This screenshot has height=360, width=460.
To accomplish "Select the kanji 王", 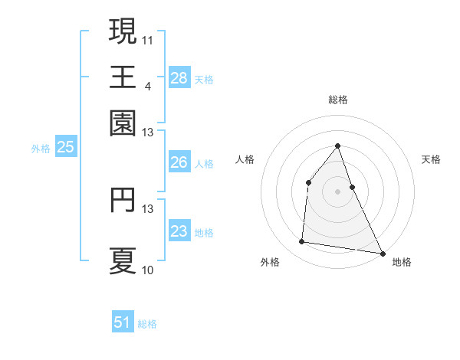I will pyautogui.click(x=123, y=77).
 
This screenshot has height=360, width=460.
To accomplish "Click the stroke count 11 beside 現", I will pyautogui.click(x=148, y=39).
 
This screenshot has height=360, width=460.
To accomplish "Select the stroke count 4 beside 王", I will pyautogui.click(x=147, y=86).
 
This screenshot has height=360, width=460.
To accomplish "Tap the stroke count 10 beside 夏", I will pyautogui.click(x=148, y=270).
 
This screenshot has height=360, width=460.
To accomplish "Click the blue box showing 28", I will pyautogui.click(x=179, y=78).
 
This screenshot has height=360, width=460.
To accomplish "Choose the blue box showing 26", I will pyautogui.click(x=179, y=162).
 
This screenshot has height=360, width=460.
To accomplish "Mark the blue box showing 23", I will pyautogui.click(x=179, y=231).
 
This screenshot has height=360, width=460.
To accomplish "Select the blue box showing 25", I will pyautogui.click(x=65, y=147).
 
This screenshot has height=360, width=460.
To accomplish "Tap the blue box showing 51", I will pyautogui.click(x=123, y=322).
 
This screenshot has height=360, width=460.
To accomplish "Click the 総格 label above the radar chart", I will pyautogui.click(x=337, y=100).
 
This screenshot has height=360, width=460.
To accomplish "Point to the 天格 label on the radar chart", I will pyautogui.click(x=431, y=159).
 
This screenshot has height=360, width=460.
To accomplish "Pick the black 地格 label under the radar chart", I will pyautogui.click(x=402, y=262).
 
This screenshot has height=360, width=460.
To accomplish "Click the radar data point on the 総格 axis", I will pyautogui.click(x=337, y=146).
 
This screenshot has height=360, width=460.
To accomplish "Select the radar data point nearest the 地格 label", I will pyautogui.click(x=382, y=253).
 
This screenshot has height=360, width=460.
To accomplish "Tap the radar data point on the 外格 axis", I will pyautogui.click(x=302, y=242).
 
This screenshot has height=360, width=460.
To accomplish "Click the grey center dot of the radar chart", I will pyautogui.click(x=337, y=191).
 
